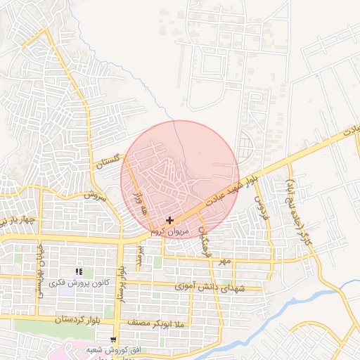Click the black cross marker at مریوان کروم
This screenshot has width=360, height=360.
pyautogui.click(x=169, y=220)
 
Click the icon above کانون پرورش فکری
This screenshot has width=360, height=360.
pyautogui.click(x=79, y=271)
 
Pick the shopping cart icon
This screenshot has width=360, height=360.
pyautogui.click(x=113, y=340)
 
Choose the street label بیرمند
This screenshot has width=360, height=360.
pyautogui.click(x=139, y=256)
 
